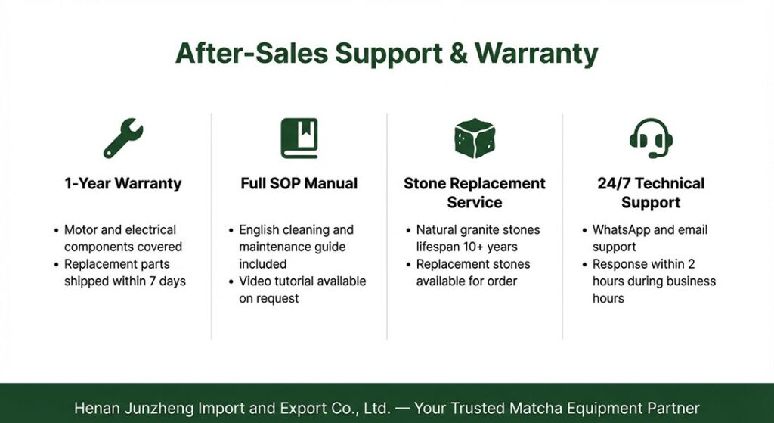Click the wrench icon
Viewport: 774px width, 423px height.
(x=123, y=138)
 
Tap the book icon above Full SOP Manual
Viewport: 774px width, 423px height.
(x=299, y=138)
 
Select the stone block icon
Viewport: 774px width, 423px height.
(x=475, y=138)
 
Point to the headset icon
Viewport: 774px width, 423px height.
(x=651, y=138)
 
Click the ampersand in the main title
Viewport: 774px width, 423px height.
(x=459, y=54)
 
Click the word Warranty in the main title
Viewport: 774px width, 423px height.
(x=537, y=54)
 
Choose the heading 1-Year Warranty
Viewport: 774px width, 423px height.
(x=123, y=184)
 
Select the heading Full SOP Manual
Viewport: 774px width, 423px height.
(x=299, y=183)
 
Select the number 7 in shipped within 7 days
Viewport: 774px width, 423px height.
(x=153, y=281)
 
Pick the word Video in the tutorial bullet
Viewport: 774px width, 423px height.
(x=254, y=281)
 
